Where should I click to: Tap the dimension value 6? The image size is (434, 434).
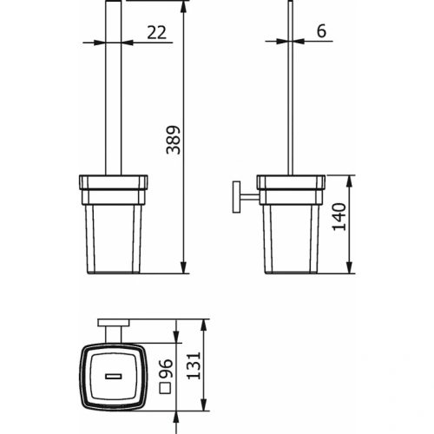coord(320,30)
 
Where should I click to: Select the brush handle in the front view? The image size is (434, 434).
coord(111,95)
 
